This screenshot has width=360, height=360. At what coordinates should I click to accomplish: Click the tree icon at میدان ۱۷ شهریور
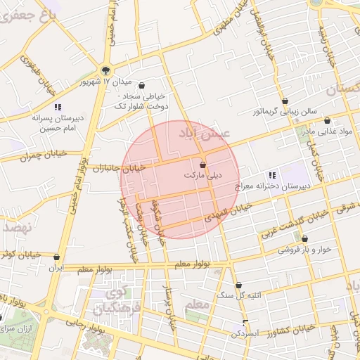click(105, 70)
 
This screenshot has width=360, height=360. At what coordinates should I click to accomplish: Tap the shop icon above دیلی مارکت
click(203, 163)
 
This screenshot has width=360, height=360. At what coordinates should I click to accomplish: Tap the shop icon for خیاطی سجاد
click(143, 84)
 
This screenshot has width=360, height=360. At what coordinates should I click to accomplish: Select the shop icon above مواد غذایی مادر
click(327, 120)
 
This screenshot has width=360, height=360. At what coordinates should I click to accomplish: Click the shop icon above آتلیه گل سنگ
click(238, 285)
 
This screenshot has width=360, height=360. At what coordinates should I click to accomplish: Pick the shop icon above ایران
click(56, 257)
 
